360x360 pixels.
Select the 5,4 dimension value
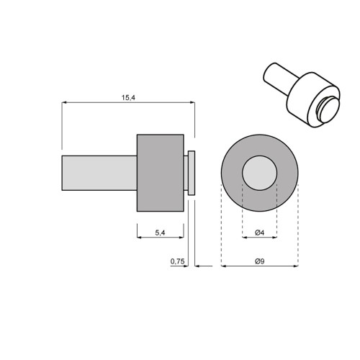point(160,233)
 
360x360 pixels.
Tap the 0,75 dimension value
point(177,261)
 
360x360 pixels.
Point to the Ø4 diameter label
point(260,233)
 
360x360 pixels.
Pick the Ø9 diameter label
point(260,261)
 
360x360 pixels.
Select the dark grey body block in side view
point(160,173)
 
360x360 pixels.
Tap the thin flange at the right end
point(192,173)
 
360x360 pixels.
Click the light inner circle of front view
point(260,173)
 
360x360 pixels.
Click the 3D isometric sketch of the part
point(302,97)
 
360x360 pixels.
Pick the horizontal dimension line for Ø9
point(260,266)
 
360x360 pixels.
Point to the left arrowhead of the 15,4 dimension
point(64,103)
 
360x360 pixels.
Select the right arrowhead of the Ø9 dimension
point(296,266)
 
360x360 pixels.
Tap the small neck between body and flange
point(186,173)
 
